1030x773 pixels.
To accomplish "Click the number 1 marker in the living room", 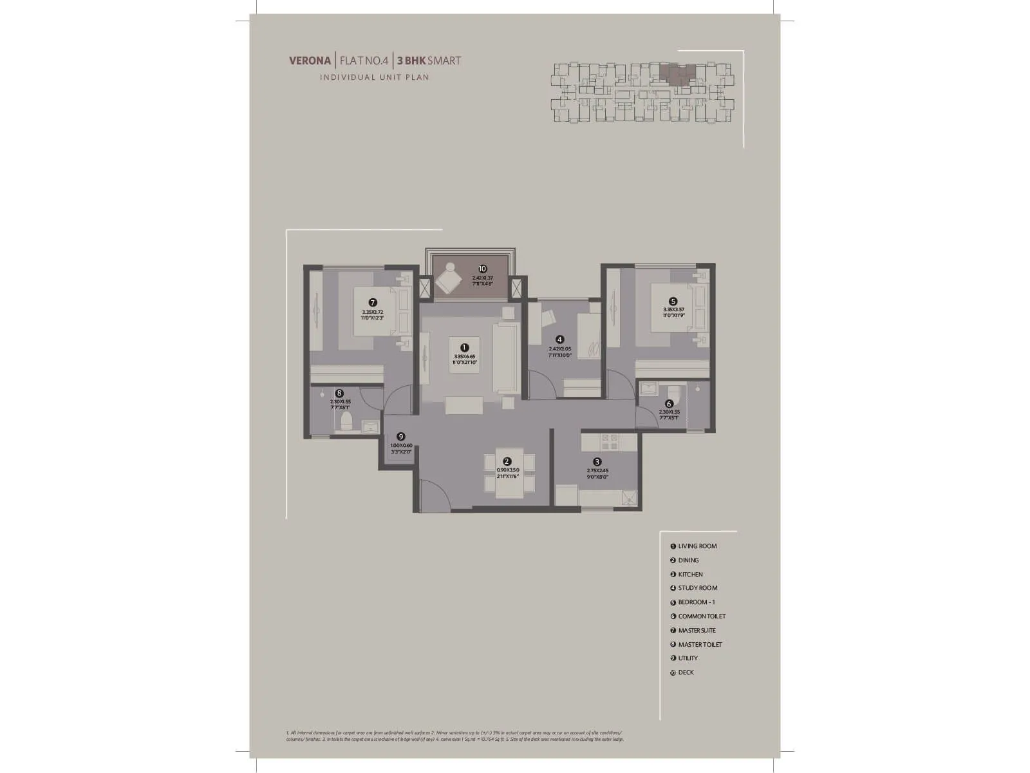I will pyautogui.click(x=465, y=347).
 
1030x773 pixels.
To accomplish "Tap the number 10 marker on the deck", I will pyautogui.click(x=482, y=269).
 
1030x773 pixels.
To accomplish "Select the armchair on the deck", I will pyautogui.click(x=448, y=279).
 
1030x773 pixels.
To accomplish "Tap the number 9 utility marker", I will pyautogui.click(x=400, y=436).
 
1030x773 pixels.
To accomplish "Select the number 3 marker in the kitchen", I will pyautogui.click(x=597, y=461).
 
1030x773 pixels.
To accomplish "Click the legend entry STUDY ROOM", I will pyautogui.click(x=697, y=588).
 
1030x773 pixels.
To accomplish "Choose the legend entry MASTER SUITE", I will pyautogui.click(x=697, y=631).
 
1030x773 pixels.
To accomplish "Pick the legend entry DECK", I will pyautogui.click(x=686, y=673).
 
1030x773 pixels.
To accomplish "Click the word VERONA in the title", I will pyautogui.click(x=310, y=61).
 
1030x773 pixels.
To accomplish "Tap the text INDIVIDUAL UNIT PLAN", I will pyautogui.click(x=375, y=77).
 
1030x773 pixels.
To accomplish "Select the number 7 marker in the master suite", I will pyautogui.click(x=372, y=302).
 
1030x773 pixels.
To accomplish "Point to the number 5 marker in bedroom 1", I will pyautogui.click(x=673, y=301).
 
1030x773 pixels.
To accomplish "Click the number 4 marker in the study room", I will pyautogui.click(x=560, y=339).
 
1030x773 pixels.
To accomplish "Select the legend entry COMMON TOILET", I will pyautogui.click(x=702, y=616).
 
